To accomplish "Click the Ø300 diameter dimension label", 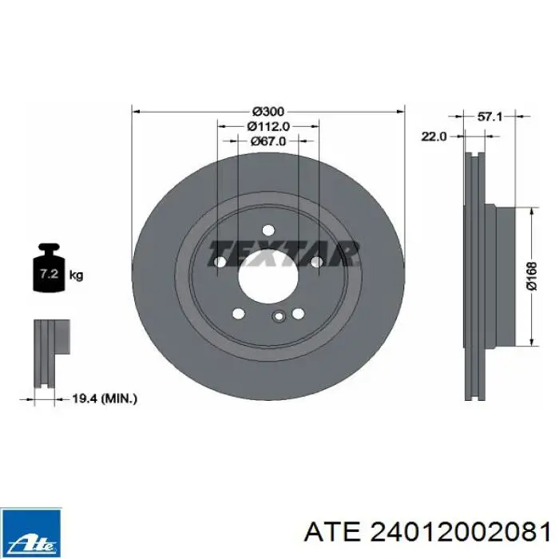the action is coord(268,112).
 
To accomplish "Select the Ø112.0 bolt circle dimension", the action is coord(268,126).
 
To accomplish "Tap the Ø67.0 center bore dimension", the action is coord(268,141).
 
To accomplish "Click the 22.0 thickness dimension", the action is coord(434,137).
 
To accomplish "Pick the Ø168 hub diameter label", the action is coord(532,276).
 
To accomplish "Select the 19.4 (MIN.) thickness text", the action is coord(105,398).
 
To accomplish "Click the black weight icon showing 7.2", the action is coord(49,268).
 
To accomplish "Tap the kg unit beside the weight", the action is coord(76,276).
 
